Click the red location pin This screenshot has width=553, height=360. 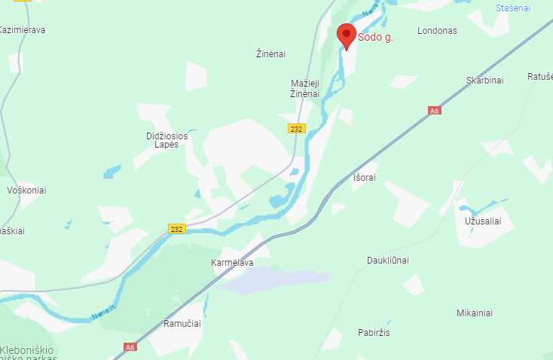[346, 35]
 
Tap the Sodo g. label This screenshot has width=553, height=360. [375, 35]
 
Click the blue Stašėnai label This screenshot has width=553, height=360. [513, 8]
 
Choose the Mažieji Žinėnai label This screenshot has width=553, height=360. [305, 88]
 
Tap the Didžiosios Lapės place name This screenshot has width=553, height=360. [162, 140]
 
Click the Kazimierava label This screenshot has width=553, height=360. [23, 30]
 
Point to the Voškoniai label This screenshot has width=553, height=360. [26, 191]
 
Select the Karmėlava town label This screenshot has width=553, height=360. [233, 263]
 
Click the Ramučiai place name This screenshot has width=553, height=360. [182, 323]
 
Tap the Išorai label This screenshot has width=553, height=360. [364, 178]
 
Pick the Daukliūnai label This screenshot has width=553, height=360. [388, 260]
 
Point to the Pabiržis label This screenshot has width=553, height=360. [374, 332]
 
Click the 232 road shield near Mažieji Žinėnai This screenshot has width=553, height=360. [296, 129]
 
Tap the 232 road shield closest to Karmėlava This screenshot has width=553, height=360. [176, 228]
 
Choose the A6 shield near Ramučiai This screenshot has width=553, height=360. [131, 347]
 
